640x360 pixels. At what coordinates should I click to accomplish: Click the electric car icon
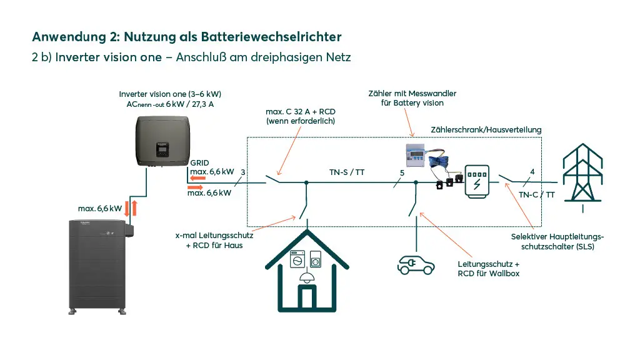tap(416, 265)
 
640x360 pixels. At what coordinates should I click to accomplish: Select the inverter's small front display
tap(162, 150)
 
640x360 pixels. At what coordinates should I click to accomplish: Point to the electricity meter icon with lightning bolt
tap(477, 182)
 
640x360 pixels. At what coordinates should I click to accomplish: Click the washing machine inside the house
tap(297, 259)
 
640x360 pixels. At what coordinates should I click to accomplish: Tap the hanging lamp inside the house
tap(306, 277)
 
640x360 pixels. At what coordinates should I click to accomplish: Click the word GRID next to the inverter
tap(199, 163)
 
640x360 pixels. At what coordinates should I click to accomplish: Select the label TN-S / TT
tap(347, 172)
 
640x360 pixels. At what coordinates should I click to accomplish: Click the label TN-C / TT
tap(537, 195)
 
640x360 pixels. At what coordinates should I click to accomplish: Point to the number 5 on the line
tap(402, 173)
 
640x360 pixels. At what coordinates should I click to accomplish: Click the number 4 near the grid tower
tap(532, 172)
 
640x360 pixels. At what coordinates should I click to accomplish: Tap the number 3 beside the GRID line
tap(243, 172)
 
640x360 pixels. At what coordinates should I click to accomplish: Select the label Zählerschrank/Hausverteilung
tap(486, 130)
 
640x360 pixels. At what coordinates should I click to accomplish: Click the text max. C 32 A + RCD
tap(301, 112)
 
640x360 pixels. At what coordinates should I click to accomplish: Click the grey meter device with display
tap(415, 156)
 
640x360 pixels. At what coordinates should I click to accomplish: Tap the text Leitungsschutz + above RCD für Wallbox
tap(489, 264)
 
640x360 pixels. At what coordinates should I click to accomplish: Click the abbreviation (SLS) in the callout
tap(585, 246)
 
